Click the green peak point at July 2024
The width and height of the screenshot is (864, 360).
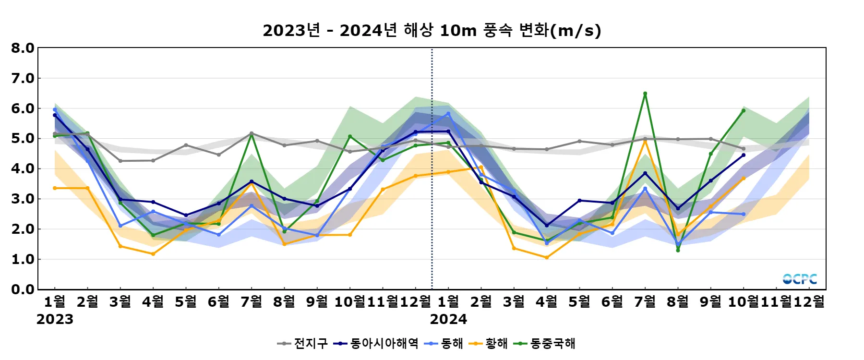[x=645, y=94]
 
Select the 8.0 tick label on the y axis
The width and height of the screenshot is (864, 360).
[x=23, y=48]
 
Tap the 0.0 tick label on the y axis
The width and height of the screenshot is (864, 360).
[x=23, y=289]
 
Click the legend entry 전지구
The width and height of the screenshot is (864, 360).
[x=303, y=344]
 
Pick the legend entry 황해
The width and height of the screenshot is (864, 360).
[x=488, y=344]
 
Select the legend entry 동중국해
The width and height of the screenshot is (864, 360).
[x=544, y=344]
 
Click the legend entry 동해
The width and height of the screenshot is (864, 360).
[x=444, y=344]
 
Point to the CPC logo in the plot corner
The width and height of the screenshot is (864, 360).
[x=800, y=279]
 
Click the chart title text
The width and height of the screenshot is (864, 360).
[x=432, y=31]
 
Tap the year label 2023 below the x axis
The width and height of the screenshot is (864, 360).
[x=55, y=319]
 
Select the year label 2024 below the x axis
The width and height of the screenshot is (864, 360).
[x=448, y=319]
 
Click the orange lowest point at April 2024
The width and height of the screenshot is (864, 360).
[x=547, y=258]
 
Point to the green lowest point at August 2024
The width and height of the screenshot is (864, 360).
[x=678, y=250]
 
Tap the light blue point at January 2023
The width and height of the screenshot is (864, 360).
[x=55, y=109]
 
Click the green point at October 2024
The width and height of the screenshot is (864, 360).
[x=744, y=110]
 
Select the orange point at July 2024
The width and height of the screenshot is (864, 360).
[x=645, y=141]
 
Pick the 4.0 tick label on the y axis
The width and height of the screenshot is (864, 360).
[x=23, y=168]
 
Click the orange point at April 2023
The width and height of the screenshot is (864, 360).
[x=153, y=254]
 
